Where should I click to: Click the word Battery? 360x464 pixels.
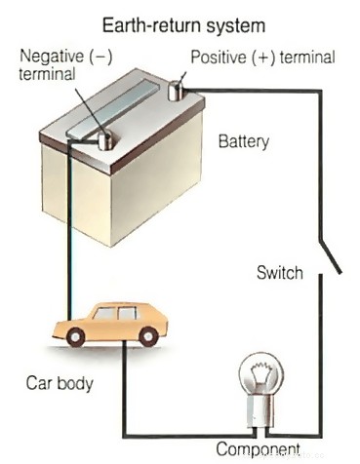click(243, 142)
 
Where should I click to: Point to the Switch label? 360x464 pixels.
click(281, 273)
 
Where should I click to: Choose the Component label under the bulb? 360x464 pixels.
click(257, 449)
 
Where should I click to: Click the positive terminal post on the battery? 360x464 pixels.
click(178, 91)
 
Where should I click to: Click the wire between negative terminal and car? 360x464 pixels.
click(67, 234)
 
